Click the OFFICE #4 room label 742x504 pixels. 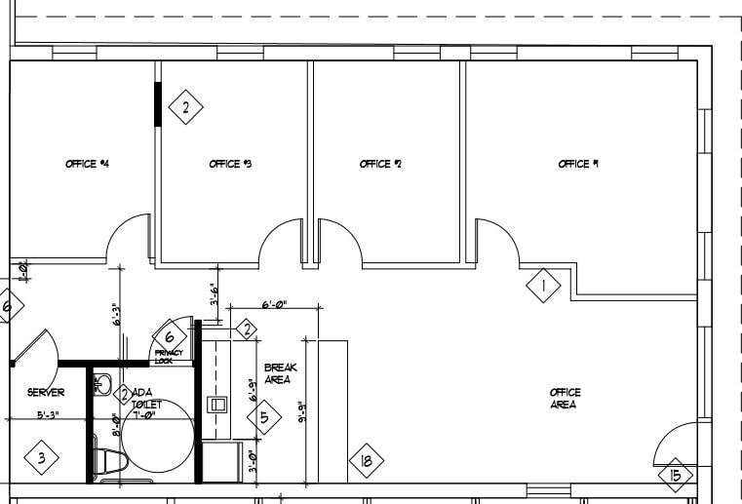pos(87,165)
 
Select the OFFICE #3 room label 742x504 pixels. pos(231,165)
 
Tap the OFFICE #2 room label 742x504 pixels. pos(380,165)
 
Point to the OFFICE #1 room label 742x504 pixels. pos(578,165)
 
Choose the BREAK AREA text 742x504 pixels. pos(278,373)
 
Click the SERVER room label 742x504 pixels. pos(46,393)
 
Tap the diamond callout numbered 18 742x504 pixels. pos(367,461)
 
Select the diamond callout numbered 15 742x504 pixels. pos(675,476)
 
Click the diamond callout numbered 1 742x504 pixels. pos(543,286)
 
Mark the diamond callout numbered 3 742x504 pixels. pos(41,456)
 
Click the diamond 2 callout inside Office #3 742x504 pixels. pos(185,106)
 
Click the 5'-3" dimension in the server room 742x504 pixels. pos(49,414)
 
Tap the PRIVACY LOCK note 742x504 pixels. pos(169,357)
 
